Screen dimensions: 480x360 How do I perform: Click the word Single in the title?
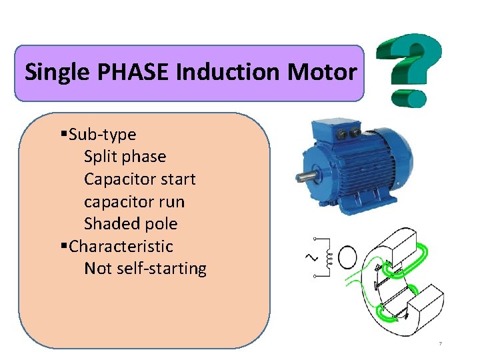pos(55,72)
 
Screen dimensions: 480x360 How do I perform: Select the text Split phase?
pos(125,157)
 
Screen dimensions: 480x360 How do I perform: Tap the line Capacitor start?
pos(139,179)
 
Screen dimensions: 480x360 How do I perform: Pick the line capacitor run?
pos(134,201)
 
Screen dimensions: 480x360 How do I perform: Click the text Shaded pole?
pos(131,224)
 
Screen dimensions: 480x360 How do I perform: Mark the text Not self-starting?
pos(145,269)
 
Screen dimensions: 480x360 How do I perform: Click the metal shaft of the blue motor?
pos(307,177)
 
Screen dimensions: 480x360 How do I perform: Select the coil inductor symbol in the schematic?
pos(327,257)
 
